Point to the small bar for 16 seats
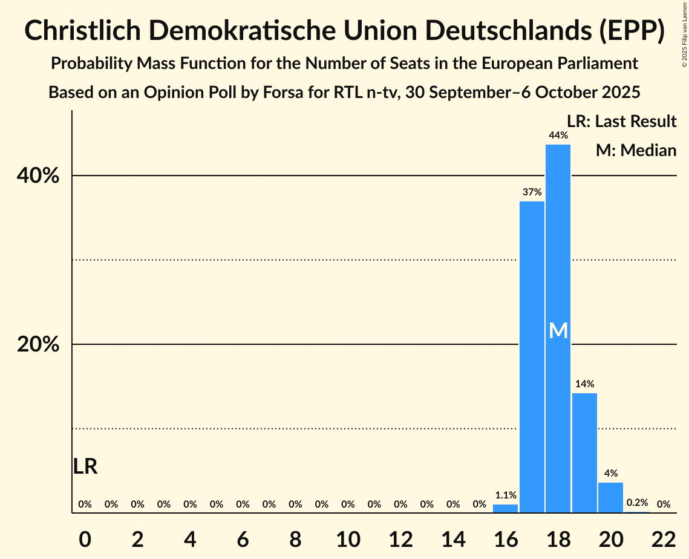(x=505, y=509)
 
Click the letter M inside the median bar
(x=558, y=331)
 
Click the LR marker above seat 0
(x=85, y=466)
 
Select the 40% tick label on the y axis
(x=38, y=176)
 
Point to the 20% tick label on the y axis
(x=38, y=345)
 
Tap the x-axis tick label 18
(x=558, y=536)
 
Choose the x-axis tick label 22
(x=663, y=536)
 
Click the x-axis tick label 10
(x=348, y=536)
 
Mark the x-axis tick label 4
(x=190, y=536)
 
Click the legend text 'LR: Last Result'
(x=621, y=122)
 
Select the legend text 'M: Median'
(x=636, y=150)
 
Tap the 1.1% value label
(x=506, y=494)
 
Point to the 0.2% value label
(x=637, y=503)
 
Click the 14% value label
(x=584, y=384)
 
